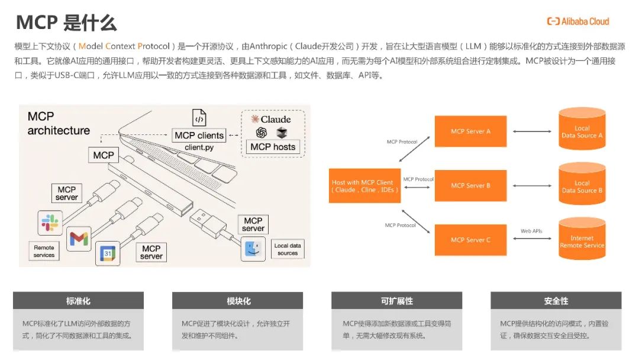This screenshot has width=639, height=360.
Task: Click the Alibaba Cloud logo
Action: [577, 21]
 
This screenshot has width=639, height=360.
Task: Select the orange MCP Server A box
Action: [470, 131]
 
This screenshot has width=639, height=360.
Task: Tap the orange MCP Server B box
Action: [470, 185]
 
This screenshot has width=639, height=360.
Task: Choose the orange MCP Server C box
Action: [470, 240]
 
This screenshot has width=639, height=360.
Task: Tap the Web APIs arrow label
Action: [531, 231]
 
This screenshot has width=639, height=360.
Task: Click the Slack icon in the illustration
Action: [50, 223]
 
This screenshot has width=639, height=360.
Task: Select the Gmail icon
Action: [79, 239]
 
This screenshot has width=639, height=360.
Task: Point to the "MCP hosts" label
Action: [273, 147]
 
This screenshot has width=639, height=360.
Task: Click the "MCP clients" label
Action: [199, 135]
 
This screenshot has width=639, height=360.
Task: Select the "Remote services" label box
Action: [44, 251]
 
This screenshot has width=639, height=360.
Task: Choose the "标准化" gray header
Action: [78, 301]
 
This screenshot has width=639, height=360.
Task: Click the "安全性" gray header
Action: [556, 301]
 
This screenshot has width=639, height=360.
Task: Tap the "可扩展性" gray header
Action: [396, 301]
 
